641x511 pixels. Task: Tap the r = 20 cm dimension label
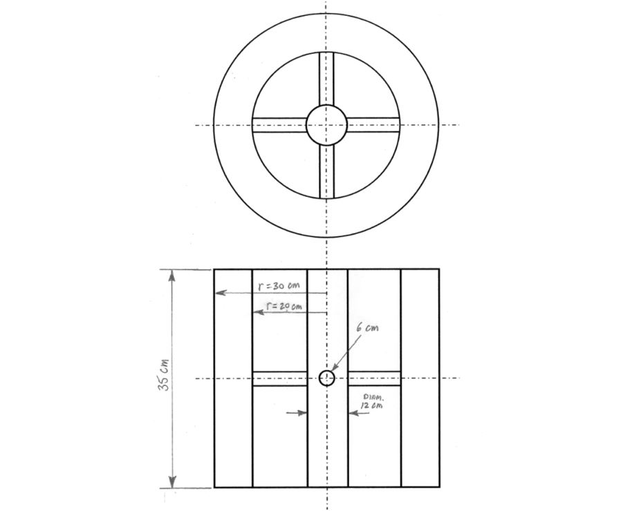pyautogui.click(x=284, y=306)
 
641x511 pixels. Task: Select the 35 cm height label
pyautogui.click(x=164, y=374)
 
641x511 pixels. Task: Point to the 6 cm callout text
pyautogui.click(x=367, y=329)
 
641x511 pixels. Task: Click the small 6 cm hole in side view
pyautogui.click(x=326, y=378)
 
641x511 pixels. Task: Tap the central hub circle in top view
pyautogui.click(x=326, y=125)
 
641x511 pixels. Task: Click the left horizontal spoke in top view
pyautogui.click(x=279, y=125)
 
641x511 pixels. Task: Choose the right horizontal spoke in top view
pyautogui.click(x=373, y=125)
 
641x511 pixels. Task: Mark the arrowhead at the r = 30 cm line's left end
pyautogui.click(x=219, y=293)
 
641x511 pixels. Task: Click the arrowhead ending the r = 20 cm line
pyautogui.click(x=256, y=313)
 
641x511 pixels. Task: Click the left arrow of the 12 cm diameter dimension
pyautogui.click(x=303, y=413)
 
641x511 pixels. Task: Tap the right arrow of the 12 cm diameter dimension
pyautogui.click(x=351, y=413)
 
